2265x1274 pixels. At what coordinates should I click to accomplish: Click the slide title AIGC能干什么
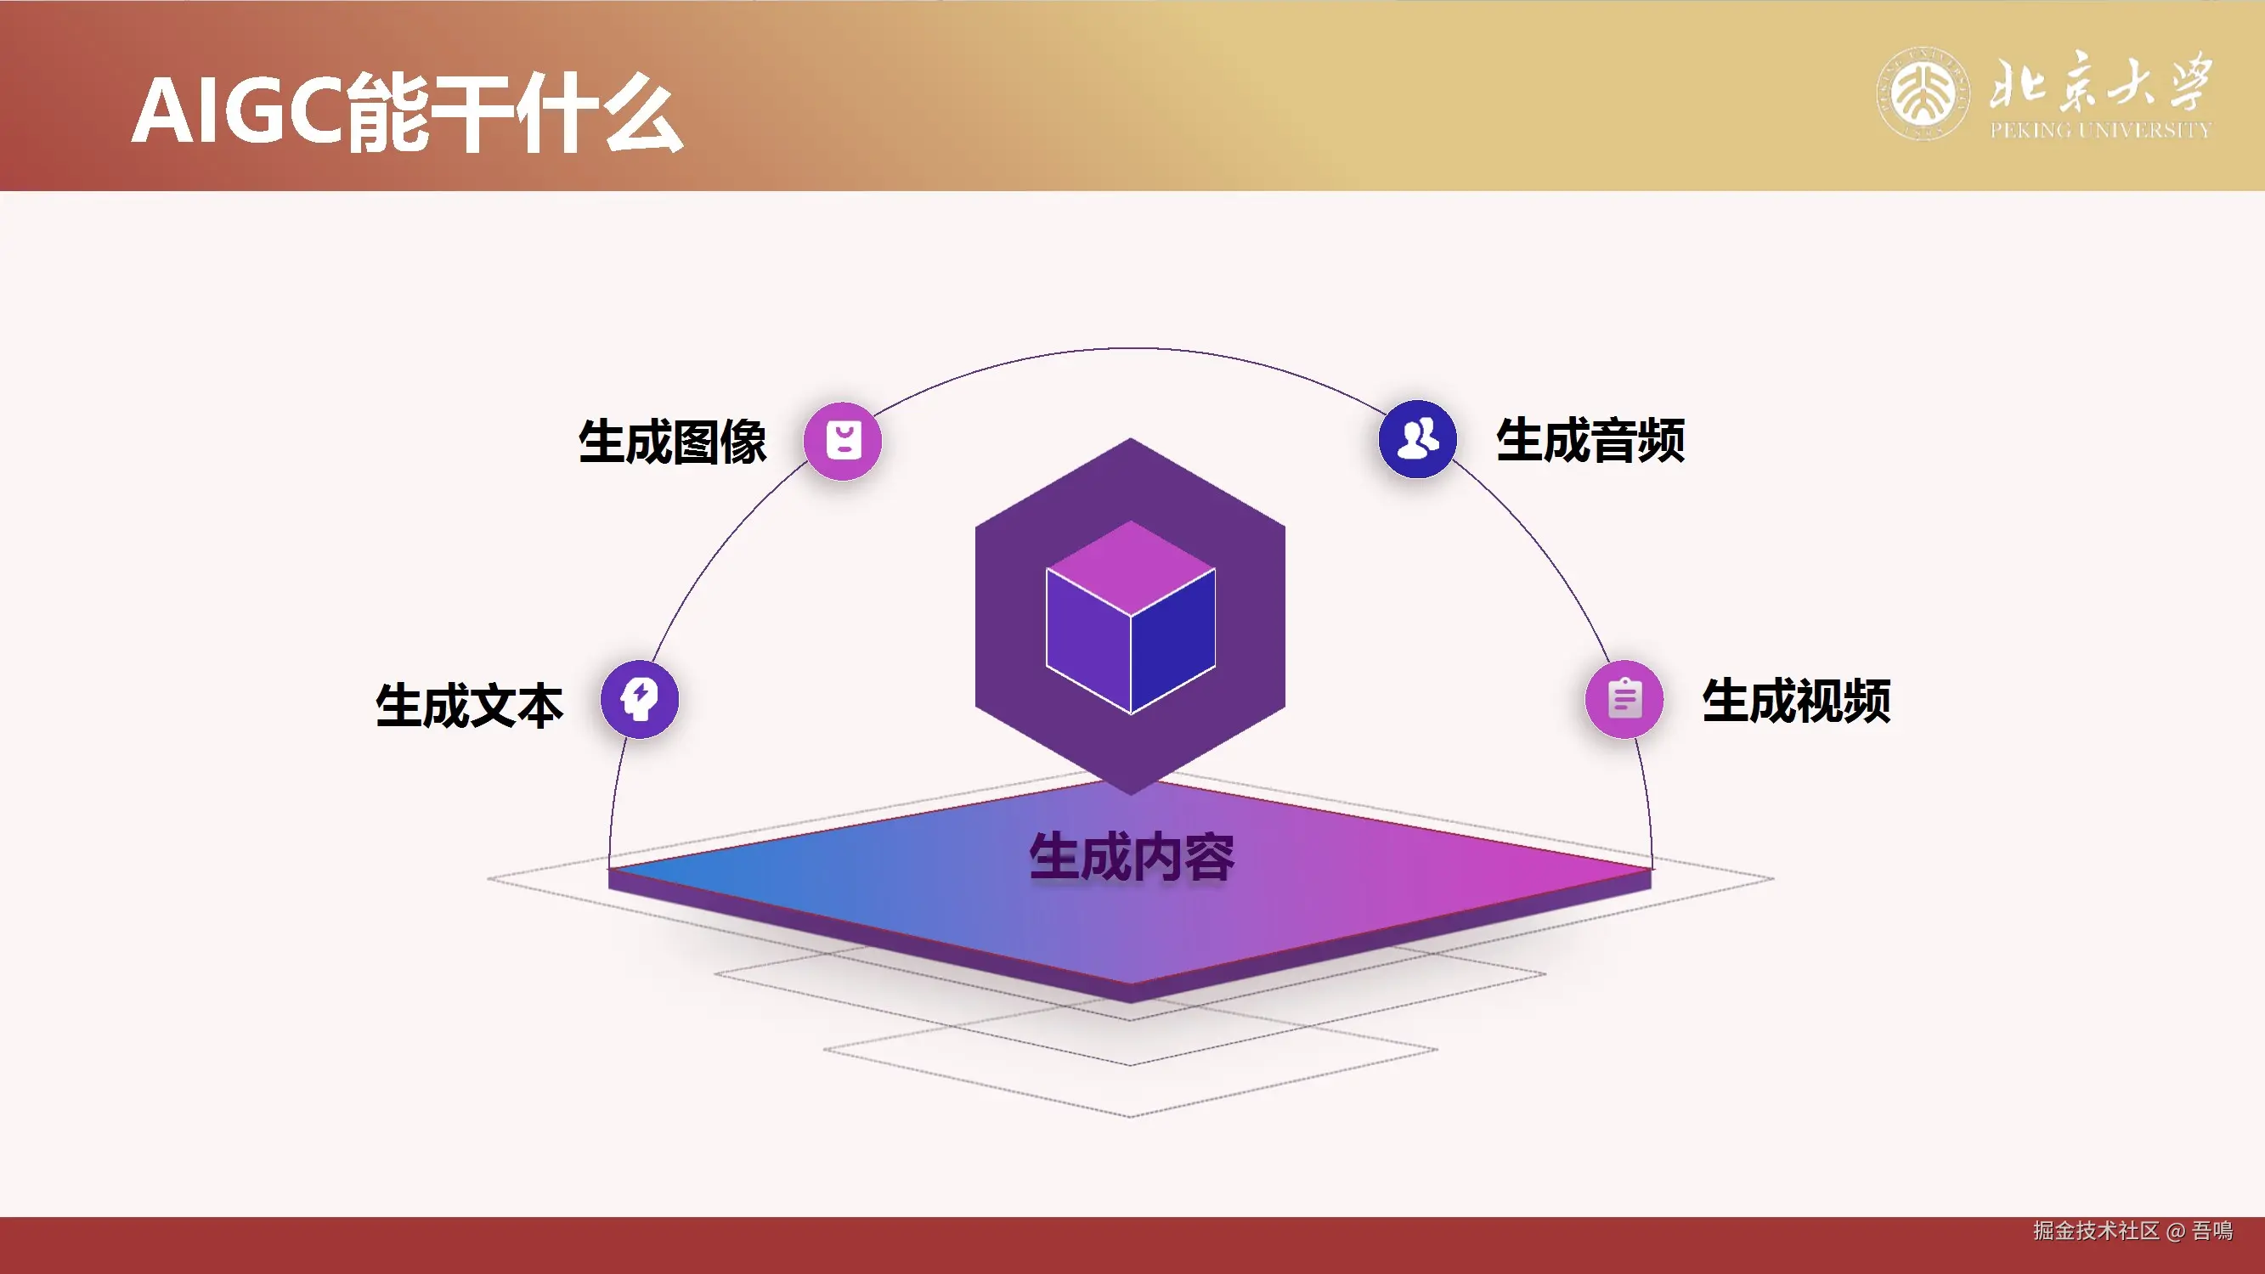(x=406, y=113)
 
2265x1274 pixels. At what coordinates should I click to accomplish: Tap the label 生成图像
(x=673, y=441)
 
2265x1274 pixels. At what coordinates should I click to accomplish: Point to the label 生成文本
(x=470, y=705)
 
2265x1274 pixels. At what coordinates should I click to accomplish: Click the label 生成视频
(x=1796, y=701)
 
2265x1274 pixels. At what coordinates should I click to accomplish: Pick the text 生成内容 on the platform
(x=1132, y=856)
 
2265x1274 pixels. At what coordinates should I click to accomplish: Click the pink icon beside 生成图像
(x=842, y=441)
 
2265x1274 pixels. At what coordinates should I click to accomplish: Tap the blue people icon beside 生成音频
(x=1417, y=439)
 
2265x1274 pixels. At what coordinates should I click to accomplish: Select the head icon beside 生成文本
(x=639, y=700)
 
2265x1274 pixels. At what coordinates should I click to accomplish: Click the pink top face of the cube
(x=1131, y=567)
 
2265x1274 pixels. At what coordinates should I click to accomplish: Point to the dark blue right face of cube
(x=1174, y=642)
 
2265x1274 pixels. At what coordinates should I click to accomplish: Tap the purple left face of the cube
(x=1087, y=642)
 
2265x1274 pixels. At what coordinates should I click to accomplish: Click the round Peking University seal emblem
(x=1923, y=93)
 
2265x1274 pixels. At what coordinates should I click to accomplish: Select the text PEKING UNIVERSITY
(x=2099, y=131)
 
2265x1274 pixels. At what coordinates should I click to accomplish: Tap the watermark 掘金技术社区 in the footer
(x=2095, y=1230)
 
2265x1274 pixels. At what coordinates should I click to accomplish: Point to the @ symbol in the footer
(x=2176, y=1231)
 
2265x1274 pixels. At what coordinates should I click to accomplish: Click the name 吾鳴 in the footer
(x=2212, y=1230)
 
